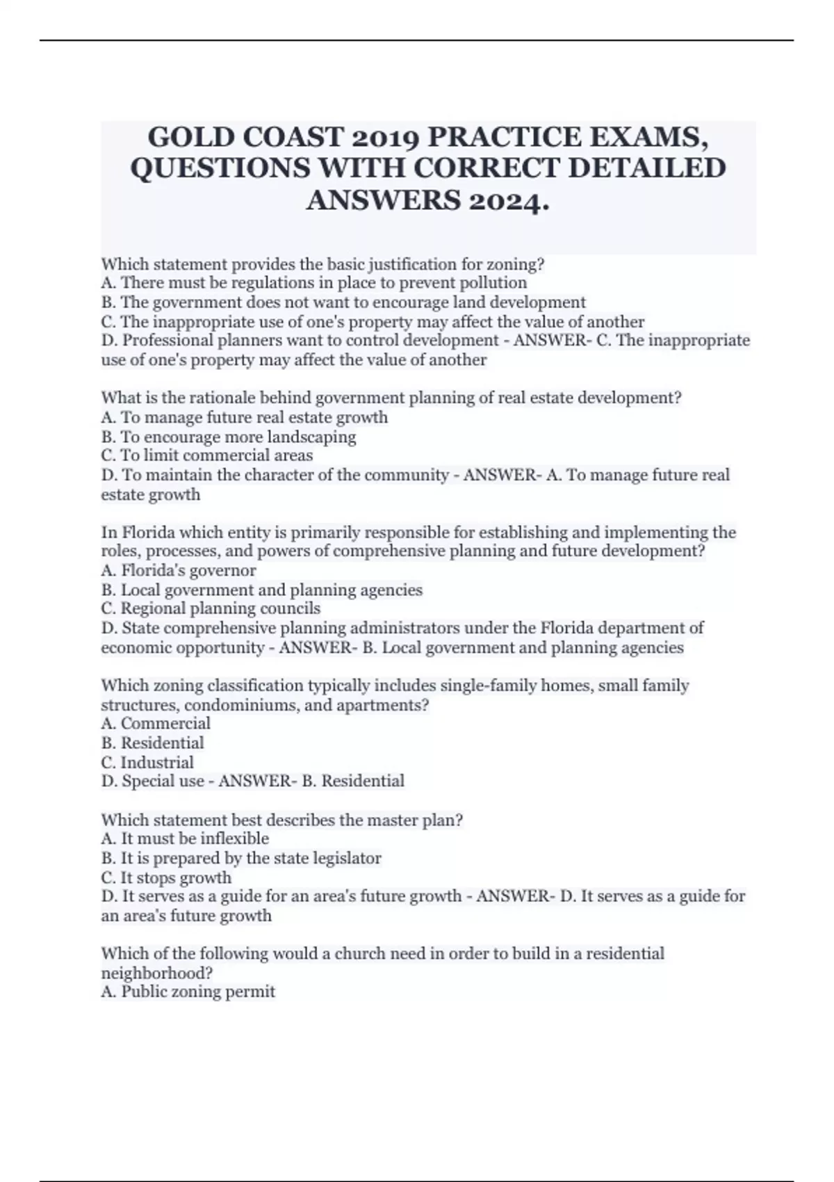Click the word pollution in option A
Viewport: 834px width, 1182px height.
(x=493, y=283)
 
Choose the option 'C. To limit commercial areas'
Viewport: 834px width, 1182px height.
(x=207, y=455)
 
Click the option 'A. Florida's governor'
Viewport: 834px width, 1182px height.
(x=179, y=570)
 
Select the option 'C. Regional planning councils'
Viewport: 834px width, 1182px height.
(x=211, y=608)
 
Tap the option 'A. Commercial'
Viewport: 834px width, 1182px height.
(x=156, y=723)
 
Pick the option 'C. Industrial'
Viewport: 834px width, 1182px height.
(x=147, y=762)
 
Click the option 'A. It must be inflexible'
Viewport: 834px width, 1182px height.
(x=185, y=839)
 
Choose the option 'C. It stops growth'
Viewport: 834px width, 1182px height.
(x=166, y=877)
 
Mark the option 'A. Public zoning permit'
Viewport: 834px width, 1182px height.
(x=188, y=991)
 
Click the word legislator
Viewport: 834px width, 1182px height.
(x=345, y=858)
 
